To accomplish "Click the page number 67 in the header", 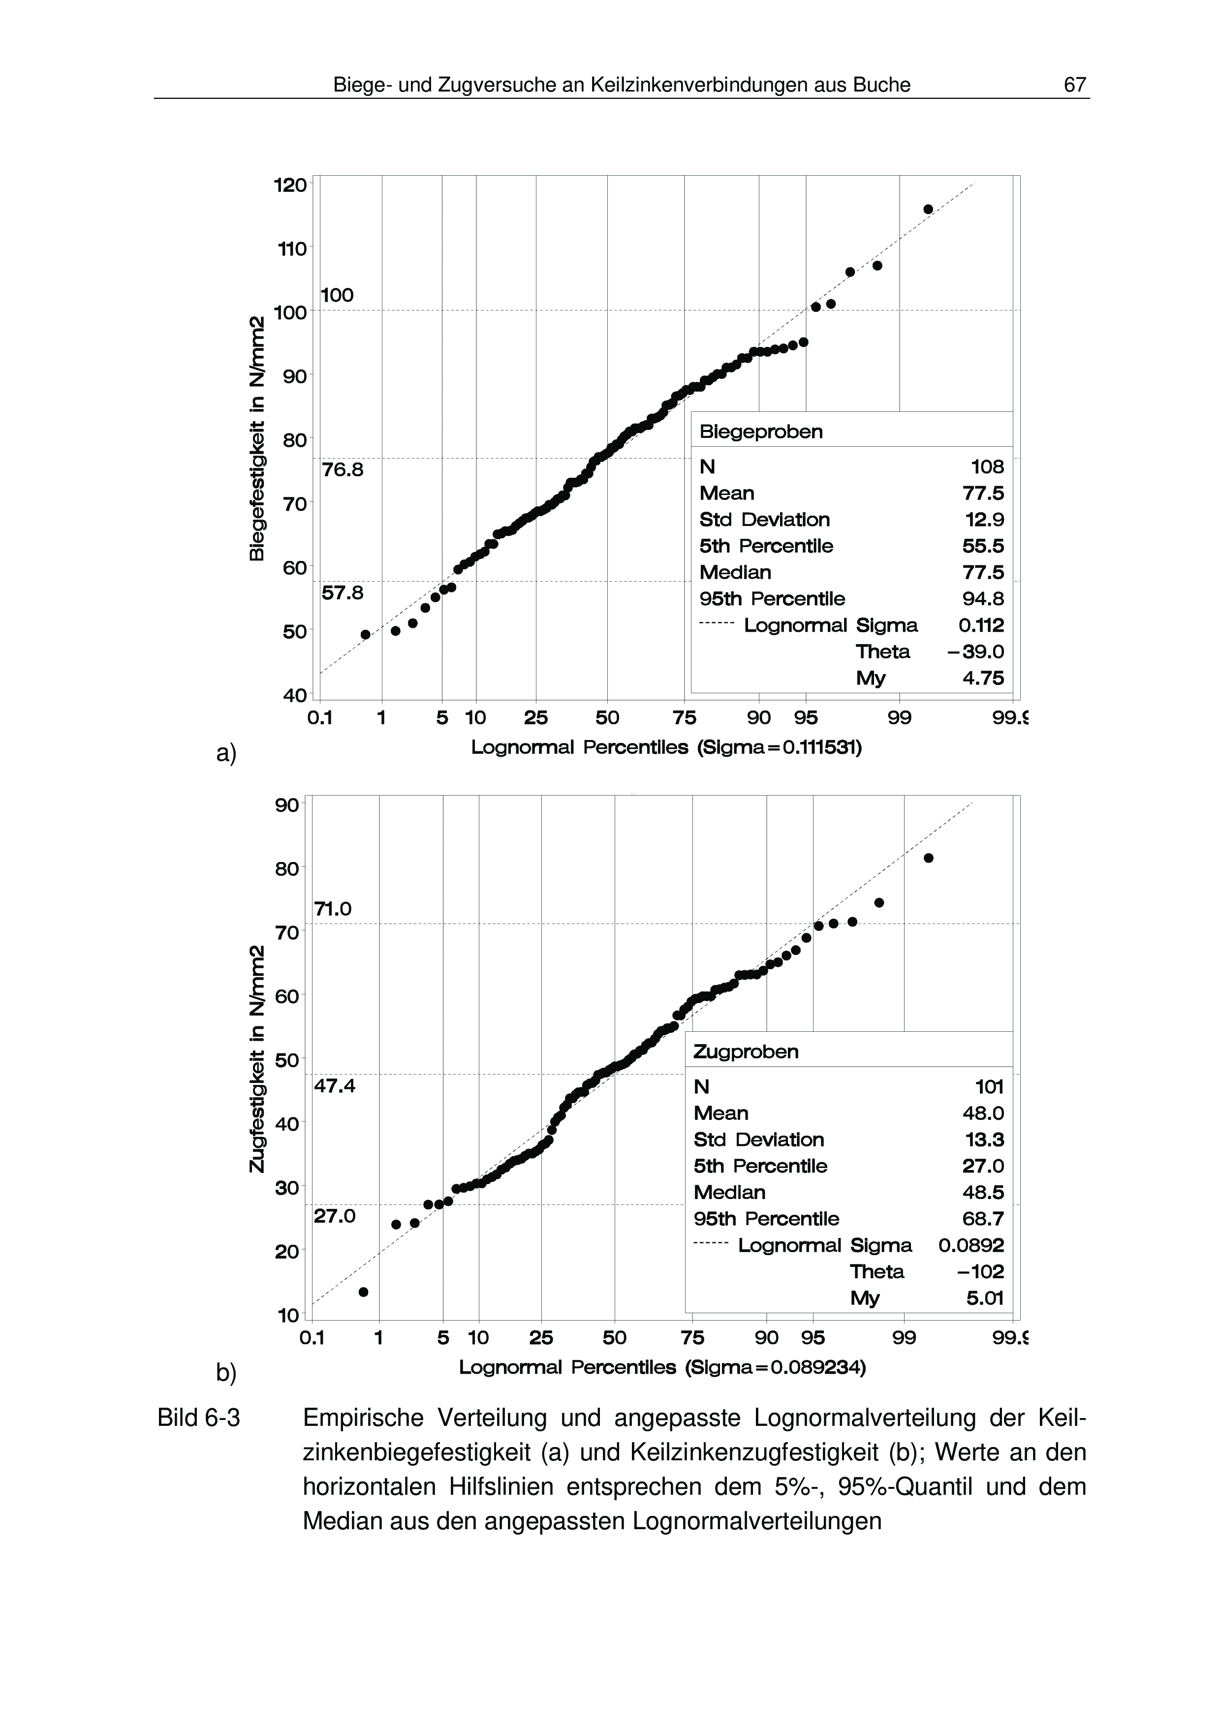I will (1074, 85).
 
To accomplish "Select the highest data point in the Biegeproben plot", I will (928, 209).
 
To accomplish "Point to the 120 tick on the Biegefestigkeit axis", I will (290, 185).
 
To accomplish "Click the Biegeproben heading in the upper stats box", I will (761, 431).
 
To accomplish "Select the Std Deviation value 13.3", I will (984, 1139).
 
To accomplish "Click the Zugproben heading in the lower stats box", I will (746, 1051).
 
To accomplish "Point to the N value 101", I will (989, 1086).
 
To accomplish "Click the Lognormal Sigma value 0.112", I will (981, 625).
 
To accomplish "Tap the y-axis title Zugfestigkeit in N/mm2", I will (257, 1058).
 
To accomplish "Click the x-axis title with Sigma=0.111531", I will (666, 748).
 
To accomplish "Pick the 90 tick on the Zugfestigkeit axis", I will (287, 805).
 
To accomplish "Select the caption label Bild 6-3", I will (198, 1418).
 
